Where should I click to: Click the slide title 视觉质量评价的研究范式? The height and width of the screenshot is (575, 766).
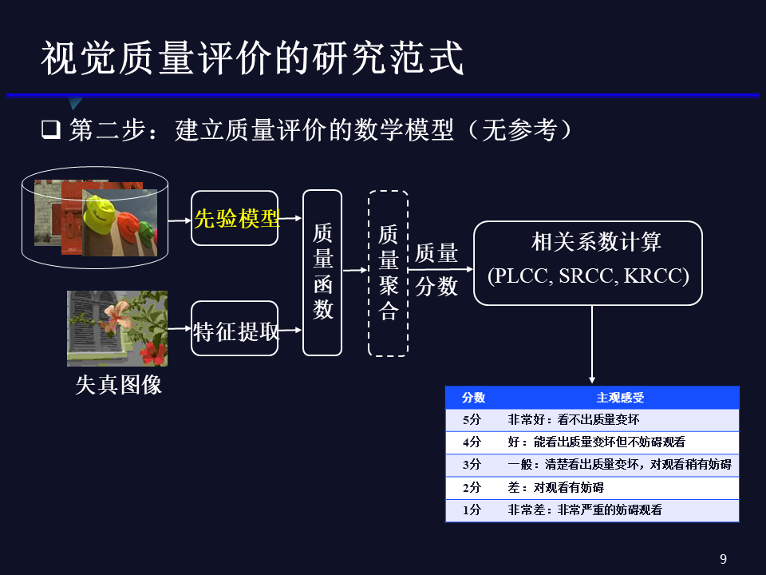(x=252, y=59)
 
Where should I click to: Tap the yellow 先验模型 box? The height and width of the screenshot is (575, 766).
(x=235, y=218)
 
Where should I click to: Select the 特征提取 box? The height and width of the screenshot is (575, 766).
(x=235, y=329)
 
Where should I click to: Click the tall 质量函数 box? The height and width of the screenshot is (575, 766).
(x=322, y=272)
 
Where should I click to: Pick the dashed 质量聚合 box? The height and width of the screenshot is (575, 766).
(x=388, y=272)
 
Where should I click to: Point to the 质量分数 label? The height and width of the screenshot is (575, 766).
(x=436, y=270)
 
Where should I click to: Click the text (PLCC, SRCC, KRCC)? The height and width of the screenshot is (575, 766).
(x=588, y=276)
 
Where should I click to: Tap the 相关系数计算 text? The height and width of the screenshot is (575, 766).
(x=596, y=242)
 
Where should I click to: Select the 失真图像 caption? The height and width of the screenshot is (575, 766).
(x=118, y=384)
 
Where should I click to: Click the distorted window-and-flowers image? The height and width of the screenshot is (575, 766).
(x=117, y=328)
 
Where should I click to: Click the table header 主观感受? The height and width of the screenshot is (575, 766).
(x=620, y=398)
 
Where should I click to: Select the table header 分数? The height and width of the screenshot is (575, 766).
(x=473, y=398)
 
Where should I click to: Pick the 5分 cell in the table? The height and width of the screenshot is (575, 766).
(x=472, y=419)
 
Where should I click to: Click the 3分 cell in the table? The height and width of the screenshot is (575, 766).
(x=472, y=464)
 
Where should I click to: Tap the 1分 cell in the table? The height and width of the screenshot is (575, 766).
(x=472, y=510)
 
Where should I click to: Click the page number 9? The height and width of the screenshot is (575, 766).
(x=723, y=559)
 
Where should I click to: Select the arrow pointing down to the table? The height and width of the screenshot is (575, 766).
(x=592, y=344)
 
